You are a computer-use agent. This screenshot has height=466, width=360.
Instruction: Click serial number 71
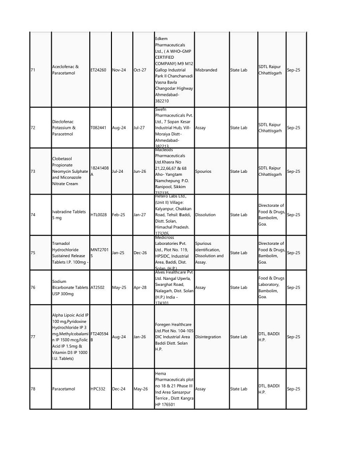[33, 70]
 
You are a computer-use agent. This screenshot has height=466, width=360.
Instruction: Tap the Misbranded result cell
[206, 70]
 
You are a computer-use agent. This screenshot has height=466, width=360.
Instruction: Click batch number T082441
[99, 127]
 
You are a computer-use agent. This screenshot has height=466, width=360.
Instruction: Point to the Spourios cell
[205, 171]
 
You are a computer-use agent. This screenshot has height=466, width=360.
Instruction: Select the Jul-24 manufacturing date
[118, 171]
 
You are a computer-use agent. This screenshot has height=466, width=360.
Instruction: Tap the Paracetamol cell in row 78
[63, 389]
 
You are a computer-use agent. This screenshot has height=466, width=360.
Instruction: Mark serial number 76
[33, 287]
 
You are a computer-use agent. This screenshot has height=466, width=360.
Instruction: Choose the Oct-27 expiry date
[140, 70]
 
